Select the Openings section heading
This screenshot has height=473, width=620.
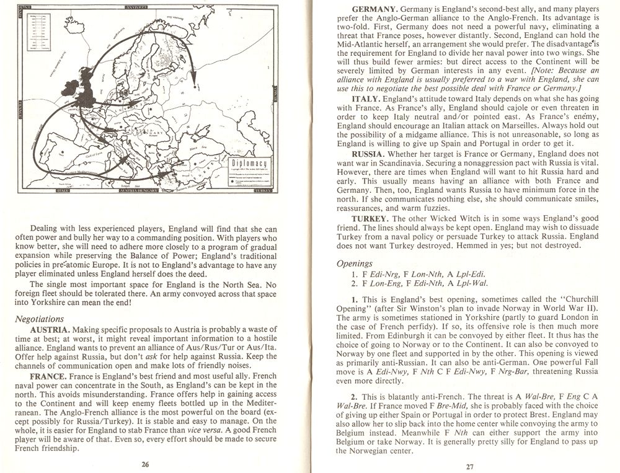coord(355,263)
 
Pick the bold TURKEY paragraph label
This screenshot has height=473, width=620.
coord(370,219)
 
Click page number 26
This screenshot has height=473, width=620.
coord(145,463)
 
